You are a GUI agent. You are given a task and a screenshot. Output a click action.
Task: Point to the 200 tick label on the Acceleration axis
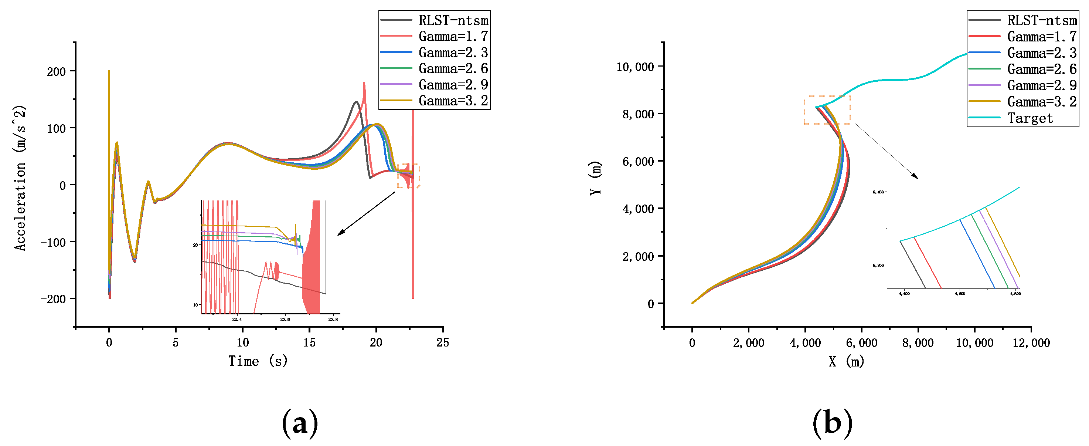56,71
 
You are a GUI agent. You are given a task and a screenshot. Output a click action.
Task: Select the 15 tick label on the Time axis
309,343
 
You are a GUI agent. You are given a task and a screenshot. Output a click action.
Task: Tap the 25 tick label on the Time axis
443,343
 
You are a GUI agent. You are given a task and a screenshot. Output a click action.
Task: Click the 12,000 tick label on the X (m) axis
1031,343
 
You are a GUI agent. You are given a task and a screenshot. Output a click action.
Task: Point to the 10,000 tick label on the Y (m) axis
635,67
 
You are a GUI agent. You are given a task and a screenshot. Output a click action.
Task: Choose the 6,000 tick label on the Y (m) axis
638,162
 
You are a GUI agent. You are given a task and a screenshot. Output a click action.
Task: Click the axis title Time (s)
258,361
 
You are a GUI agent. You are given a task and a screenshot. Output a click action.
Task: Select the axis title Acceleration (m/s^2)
20,178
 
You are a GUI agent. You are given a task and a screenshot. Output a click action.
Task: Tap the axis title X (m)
846,361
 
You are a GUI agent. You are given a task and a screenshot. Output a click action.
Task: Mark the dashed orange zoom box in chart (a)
408,176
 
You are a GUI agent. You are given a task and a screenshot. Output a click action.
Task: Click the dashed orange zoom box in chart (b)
827,110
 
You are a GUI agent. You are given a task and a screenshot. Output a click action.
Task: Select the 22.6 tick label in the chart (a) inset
285,320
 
